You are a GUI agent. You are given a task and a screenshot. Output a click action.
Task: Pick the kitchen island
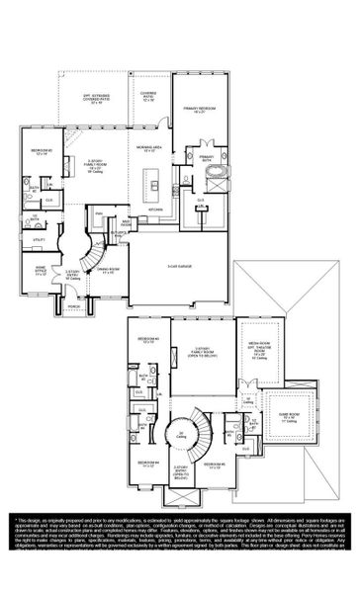(152, 183)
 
